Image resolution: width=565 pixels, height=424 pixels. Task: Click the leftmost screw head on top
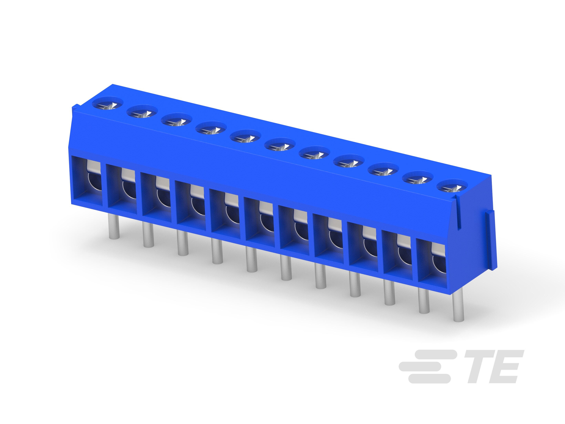tap(108, 105)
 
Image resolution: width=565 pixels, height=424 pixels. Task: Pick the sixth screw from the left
tap(280, 146)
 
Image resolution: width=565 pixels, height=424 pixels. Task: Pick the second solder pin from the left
tap(148, 235)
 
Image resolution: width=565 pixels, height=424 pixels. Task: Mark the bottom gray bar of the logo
tap(429, 379)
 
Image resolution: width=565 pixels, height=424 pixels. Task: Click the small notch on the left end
tap(74, 107)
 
